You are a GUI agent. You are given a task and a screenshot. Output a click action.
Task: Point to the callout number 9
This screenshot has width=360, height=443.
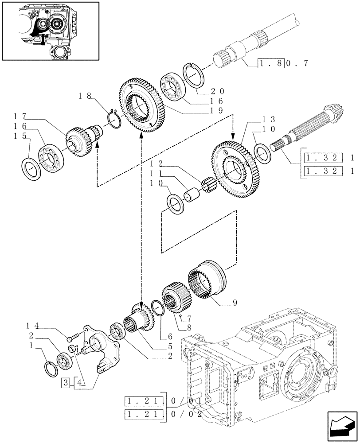pos(235,303)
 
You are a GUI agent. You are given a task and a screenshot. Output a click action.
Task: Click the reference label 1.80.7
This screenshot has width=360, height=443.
pos(282,63)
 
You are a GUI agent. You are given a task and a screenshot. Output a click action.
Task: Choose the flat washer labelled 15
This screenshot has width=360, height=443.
pos(31,169)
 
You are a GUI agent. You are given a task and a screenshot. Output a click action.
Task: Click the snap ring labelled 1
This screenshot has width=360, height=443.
pos(52,369)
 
